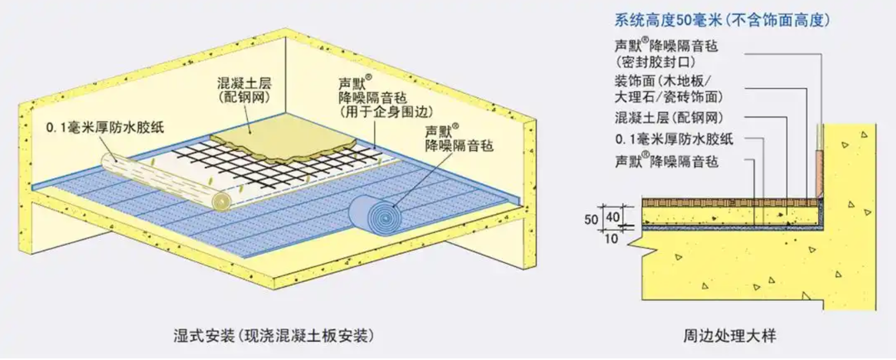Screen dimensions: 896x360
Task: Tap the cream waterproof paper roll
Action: coord(166,181)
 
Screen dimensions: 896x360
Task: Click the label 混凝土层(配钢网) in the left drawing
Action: coord(245,89)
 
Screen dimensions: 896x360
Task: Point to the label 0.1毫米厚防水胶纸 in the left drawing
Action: coord(105,128)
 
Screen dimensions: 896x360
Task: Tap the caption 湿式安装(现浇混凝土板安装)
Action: coord(274,335)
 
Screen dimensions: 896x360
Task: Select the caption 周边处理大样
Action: coord(730,335)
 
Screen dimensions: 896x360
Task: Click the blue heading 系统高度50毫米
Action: coord(668,19)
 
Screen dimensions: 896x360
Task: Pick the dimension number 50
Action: coord(591,220)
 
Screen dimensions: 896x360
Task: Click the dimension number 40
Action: coord(613,217)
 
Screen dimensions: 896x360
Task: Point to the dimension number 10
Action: coord(611,239)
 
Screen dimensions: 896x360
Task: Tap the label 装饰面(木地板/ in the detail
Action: coord(663,81)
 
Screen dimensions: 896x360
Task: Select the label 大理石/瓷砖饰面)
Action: coord(669,97)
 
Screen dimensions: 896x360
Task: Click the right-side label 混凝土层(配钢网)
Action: coord(669,118)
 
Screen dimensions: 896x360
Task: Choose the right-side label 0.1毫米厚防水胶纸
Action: coord(674,139)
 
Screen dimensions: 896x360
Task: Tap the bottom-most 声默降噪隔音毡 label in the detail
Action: coord(667,161)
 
